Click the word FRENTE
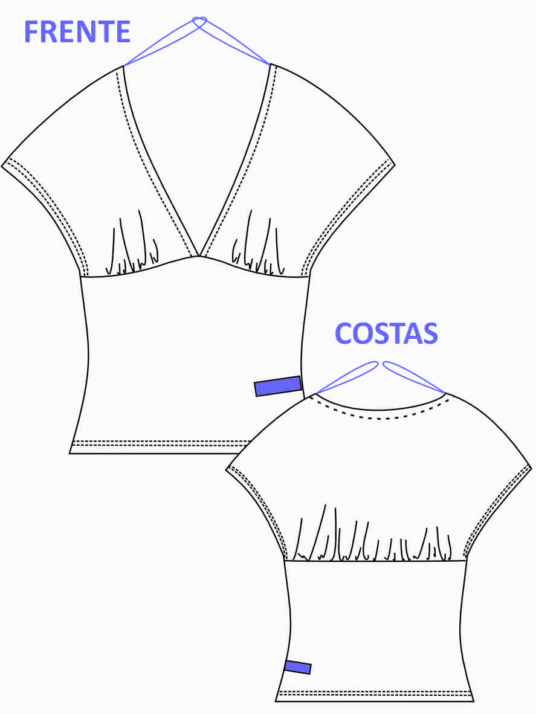point(77,32)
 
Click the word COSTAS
point(386,333)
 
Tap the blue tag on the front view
point(278,386)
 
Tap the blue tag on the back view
point(298,667)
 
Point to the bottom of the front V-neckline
point(199,256)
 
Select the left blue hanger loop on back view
point(347,377)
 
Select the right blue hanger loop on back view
point(414,377)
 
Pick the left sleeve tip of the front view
point(2,166)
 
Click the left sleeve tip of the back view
point(227,469)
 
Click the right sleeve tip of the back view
point(531,467)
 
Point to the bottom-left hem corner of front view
point(69,454)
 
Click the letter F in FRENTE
point(31,32)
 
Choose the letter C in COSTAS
point(343,333)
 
